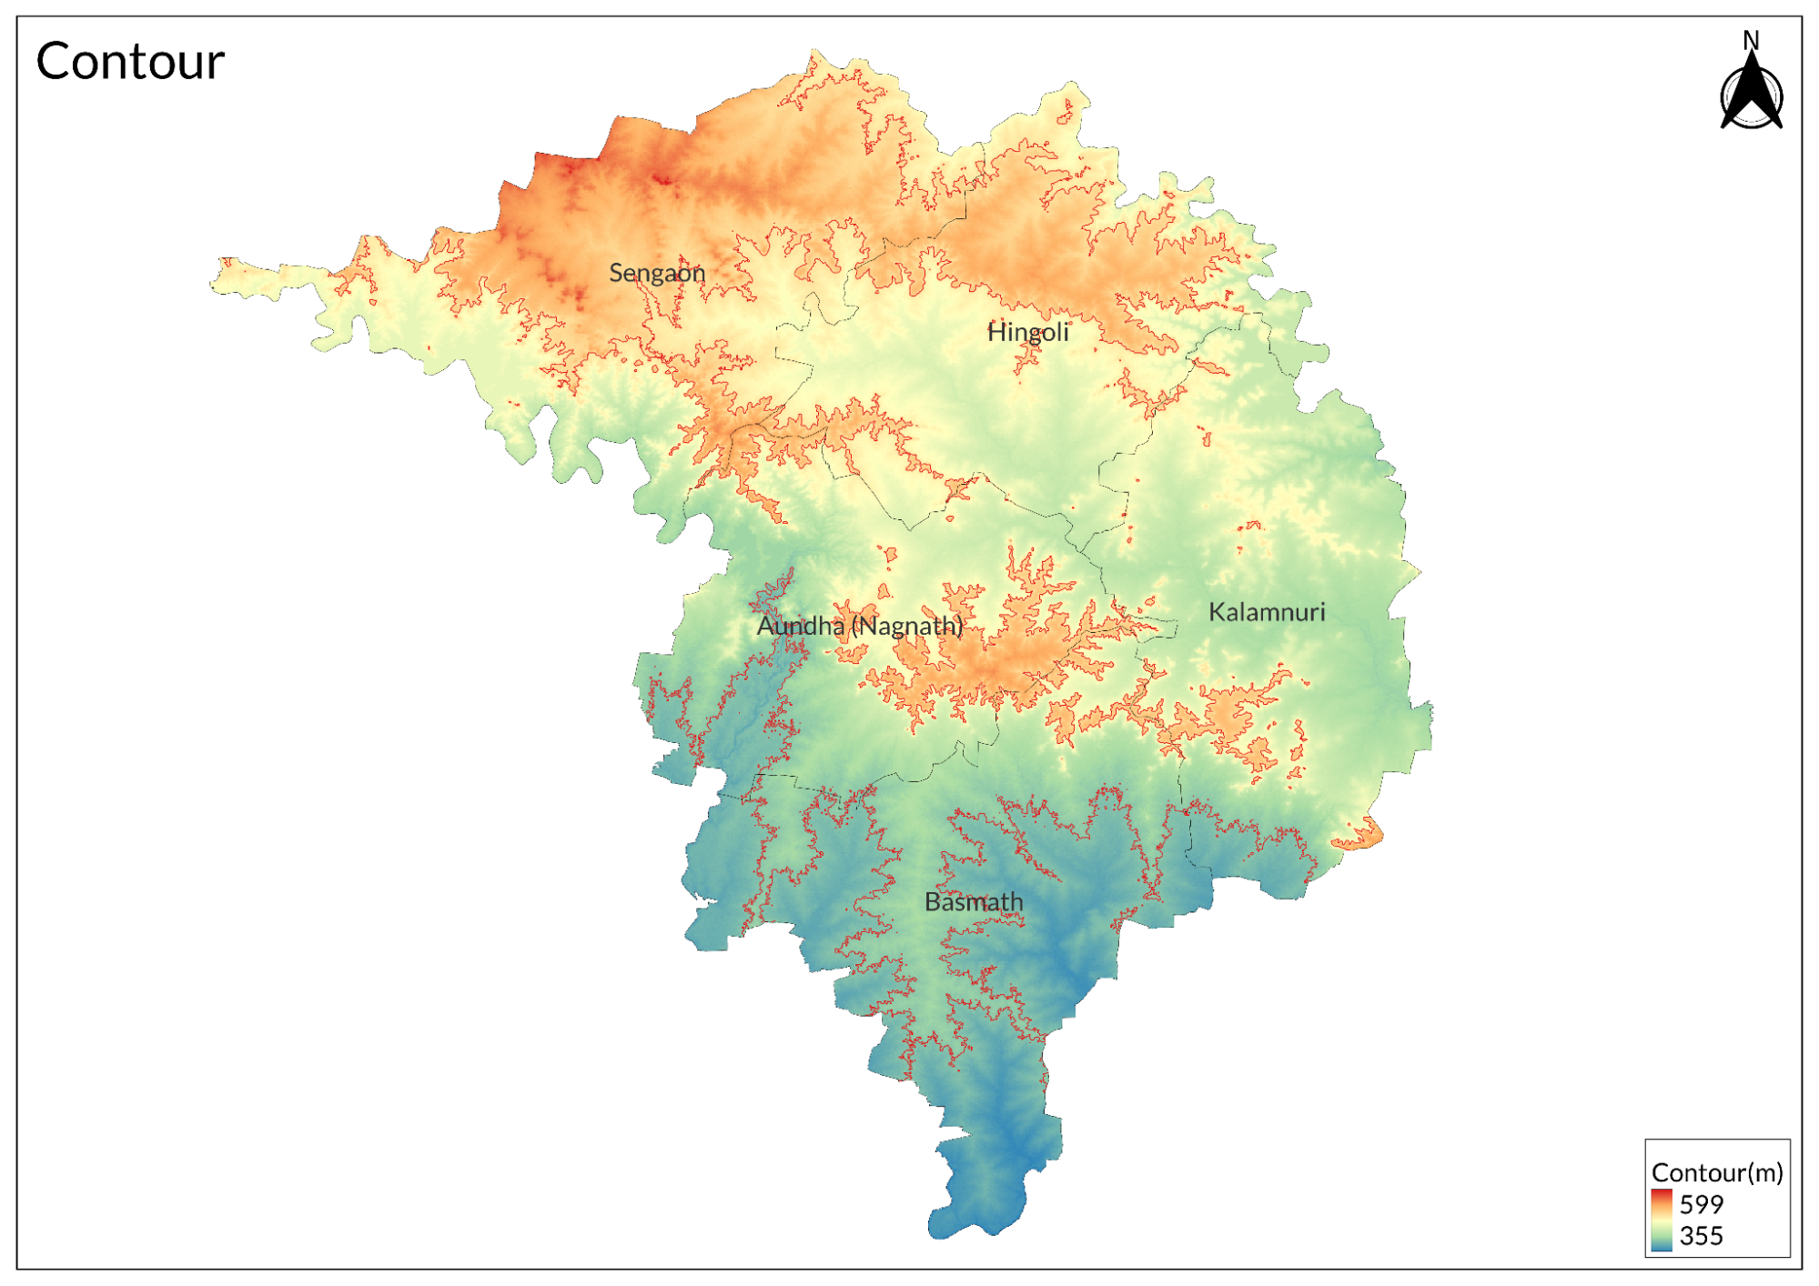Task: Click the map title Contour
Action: (130, 62)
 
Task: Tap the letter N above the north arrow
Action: (1751, 40)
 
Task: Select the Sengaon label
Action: (657, 273)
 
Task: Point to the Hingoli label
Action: (1027, 332)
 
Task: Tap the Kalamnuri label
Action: (1266, 612)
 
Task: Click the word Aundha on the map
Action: (801, 626)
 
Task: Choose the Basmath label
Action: (974, 902)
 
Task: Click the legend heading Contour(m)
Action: (1716, 1172)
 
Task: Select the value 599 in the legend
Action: (1701, 1204)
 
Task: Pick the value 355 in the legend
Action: (1701, 1236)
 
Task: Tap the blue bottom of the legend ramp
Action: (1661, 1246)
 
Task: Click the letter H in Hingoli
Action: (995, 332)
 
